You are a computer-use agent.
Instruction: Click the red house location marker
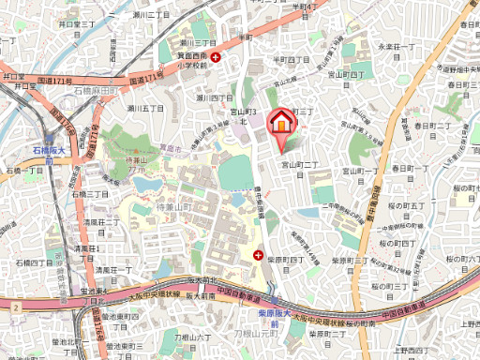280,123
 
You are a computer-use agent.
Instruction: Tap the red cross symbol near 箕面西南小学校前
217,58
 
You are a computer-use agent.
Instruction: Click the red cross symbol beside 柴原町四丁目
259,253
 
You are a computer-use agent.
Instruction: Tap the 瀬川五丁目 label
141,109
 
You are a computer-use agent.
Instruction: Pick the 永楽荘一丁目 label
396,47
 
